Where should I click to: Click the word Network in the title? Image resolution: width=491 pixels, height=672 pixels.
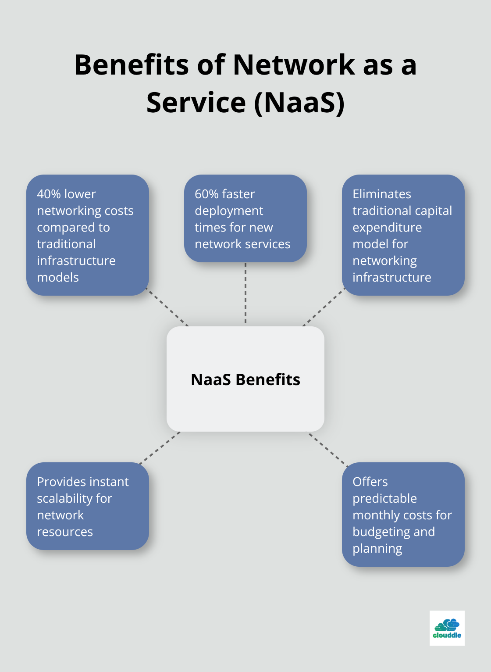coord(294,65)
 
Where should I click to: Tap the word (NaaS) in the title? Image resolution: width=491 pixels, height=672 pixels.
coord(299,103)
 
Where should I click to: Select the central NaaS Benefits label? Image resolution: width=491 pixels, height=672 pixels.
coord(245,379)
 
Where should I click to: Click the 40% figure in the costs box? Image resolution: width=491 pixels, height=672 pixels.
coord(48,194)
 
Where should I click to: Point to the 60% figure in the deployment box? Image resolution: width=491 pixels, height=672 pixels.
coord(206,194)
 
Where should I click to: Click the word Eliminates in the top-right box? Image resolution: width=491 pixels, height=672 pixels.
coord(382,194)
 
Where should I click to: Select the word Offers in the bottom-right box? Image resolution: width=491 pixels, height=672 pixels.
coord(370,482)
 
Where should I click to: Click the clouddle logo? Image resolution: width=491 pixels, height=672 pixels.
coord(447,628)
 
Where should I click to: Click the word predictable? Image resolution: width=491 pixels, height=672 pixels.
coord(384,498)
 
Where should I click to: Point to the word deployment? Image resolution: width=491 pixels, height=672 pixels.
coord(229,211)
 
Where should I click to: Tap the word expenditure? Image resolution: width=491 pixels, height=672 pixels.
coord(387,227)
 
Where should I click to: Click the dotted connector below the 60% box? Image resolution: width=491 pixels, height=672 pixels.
coord(245,294)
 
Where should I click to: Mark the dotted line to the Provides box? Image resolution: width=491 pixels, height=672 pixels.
coord(159,448)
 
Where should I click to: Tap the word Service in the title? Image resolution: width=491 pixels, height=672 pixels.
coord(196,103)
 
